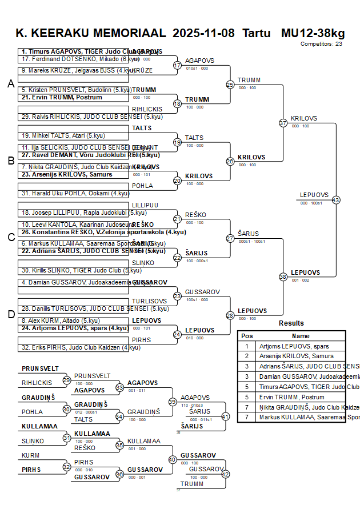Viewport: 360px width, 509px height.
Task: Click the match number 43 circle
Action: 336,200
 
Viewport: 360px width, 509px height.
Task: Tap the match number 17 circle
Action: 177,65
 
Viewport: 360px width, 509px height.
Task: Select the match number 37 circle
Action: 283,123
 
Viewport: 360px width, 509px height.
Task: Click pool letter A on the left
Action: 10,84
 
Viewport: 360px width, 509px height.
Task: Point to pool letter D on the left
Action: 10,314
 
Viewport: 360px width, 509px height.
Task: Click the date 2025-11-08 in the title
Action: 203,33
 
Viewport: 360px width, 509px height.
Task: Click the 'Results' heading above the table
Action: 291,323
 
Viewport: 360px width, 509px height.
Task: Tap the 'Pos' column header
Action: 247,336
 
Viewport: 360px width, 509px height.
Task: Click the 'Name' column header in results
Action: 301,336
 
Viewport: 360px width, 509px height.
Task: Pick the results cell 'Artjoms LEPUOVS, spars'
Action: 294,346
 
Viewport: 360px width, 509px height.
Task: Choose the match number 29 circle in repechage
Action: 67,380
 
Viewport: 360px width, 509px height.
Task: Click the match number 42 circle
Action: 225,474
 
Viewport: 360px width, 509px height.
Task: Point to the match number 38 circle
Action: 283,276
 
